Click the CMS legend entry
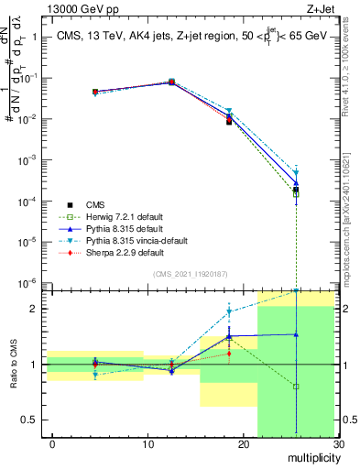(x=96, y=204)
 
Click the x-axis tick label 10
(x=147, y=445)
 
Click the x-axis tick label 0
(x=53, y=445)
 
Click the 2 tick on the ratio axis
(x=38, y=309)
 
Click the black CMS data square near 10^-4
(x=296, y=190)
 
